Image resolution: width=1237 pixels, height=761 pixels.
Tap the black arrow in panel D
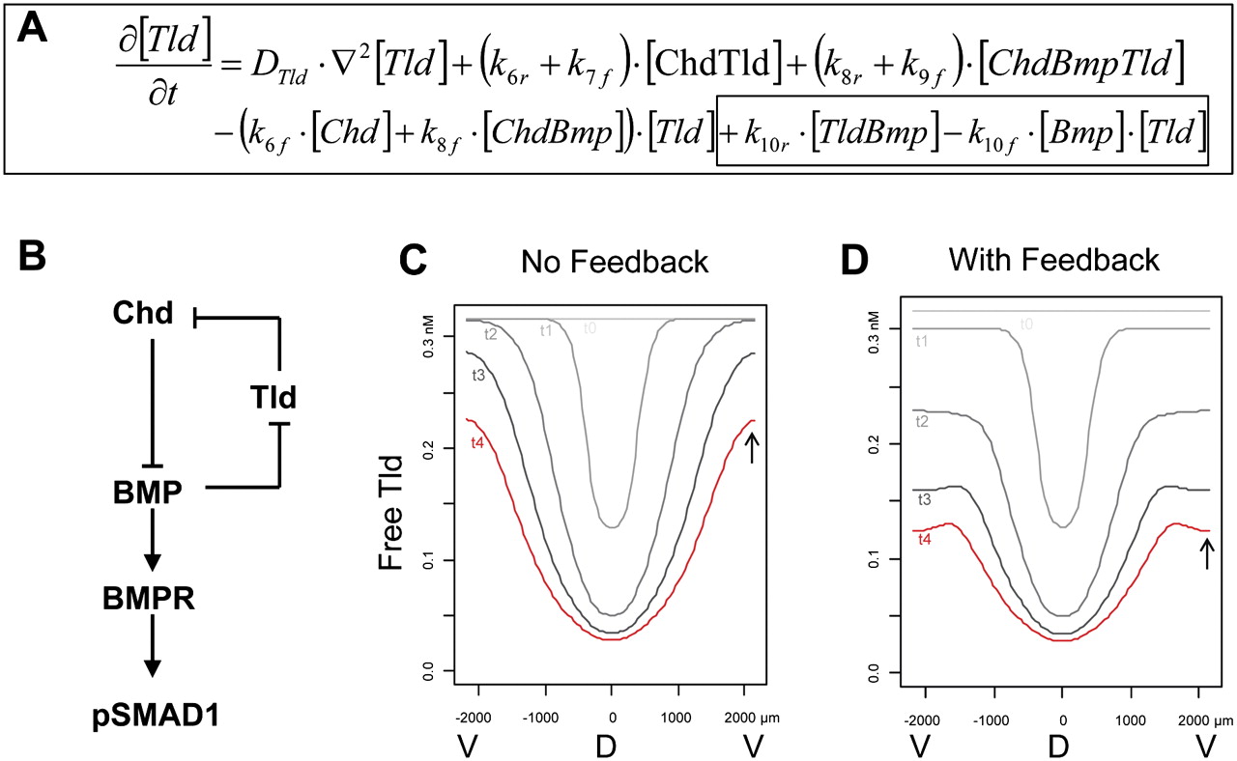[x=1205, y=553]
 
